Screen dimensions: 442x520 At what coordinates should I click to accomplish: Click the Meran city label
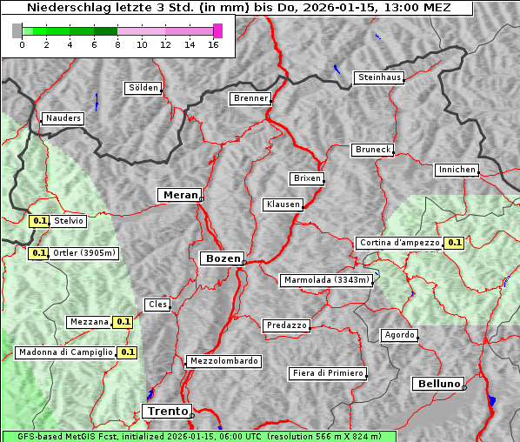180,195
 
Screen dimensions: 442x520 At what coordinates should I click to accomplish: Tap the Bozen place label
221,258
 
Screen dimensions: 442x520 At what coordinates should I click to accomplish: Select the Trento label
166,412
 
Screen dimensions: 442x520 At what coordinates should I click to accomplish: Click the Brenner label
251,98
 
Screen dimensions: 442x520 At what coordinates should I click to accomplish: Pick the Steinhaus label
380,77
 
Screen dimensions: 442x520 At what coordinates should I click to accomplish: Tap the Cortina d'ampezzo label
398,243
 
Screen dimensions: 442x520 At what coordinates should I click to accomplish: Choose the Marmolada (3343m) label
327,280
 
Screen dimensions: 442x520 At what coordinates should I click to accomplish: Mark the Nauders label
63,118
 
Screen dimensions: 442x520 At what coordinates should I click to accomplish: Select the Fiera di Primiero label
327,373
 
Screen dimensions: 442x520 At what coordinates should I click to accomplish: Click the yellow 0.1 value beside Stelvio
39,221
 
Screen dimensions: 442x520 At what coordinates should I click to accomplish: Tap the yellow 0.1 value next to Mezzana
123,322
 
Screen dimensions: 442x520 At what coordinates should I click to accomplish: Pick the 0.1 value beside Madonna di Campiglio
128,352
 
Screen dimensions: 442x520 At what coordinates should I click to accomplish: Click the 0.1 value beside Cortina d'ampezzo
454,243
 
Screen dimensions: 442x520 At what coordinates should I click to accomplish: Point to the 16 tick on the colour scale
213,45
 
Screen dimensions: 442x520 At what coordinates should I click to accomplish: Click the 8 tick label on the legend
117,45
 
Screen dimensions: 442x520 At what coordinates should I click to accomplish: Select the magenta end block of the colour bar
217,30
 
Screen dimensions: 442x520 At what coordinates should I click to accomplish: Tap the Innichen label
457,170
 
